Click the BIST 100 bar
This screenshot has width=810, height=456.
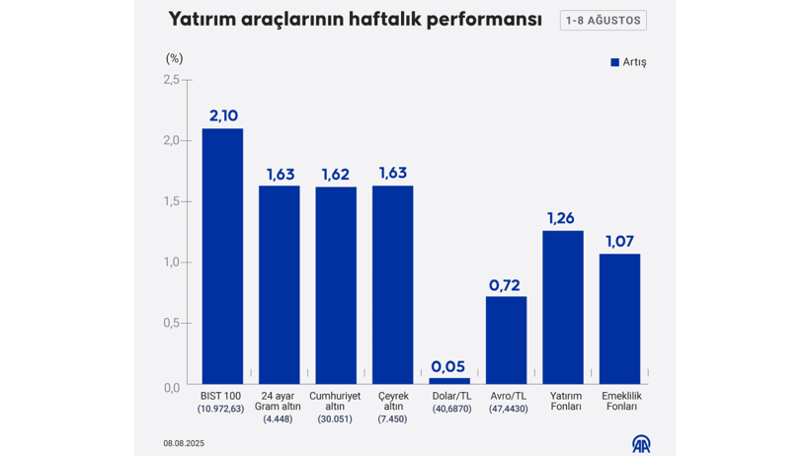point(222,256)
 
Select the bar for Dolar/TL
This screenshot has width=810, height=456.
point(449,380)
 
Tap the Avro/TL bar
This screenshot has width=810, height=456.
point(506,340)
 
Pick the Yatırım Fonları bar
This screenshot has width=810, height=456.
point(562,307)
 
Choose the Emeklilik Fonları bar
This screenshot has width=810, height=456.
point(619,318)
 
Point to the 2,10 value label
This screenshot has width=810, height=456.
point(223,115)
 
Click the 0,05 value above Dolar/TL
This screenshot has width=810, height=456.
point(448,366)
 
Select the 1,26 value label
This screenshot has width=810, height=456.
point(561,218)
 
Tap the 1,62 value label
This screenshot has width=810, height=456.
point(336,175)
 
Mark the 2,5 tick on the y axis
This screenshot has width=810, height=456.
point(172,80)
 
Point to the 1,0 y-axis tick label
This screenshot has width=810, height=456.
point(172,262)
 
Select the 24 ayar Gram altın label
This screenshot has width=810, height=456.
point(279,402)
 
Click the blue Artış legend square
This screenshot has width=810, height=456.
point(614,62)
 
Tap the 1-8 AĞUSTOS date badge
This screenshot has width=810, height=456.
point(603,21)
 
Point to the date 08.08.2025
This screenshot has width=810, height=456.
point(184,443)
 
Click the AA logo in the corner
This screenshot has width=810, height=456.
point(641,443)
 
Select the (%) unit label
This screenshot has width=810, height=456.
point(174,58)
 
